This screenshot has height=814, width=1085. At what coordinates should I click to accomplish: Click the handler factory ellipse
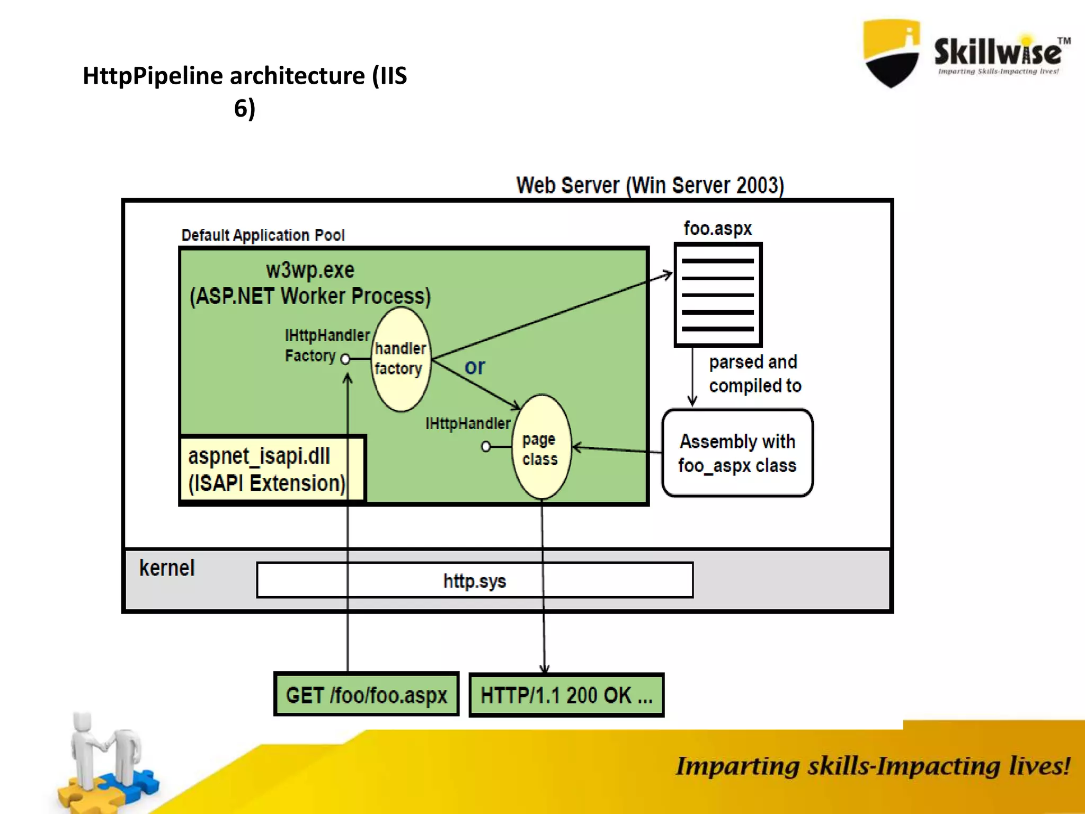click(x=401, y=359)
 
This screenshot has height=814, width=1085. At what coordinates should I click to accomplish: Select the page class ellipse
click(x=541, y=448)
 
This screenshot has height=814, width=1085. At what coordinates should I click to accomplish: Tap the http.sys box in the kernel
click(x=475, y=581)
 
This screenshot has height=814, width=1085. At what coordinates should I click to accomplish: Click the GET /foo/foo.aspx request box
click(x=366, y=695)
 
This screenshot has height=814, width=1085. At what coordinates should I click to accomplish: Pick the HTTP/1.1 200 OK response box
click(x=566, y=695)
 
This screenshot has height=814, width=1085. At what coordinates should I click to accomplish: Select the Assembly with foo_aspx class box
click(x=737, y=453)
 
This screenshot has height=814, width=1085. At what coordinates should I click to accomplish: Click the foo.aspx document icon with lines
click(x=718, y=295)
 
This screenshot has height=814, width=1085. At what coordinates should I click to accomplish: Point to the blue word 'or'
click(x=475, y=367)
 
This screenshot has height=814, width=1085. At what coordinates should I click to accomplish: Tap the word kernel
click(x=167, y=568)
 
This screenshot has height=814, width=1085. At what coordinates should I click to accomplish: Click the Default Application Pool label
click(x=263, y=235)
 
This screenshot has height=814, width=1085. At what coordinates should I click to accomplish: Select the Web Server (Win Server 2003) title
click(x=650, y=185)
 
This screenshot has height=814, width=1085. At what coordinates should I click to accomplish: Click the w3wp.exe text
click(x=310, y=270)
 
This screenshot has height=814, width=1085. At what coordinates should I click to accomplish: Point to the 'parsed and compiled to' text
click(x=754, y=374)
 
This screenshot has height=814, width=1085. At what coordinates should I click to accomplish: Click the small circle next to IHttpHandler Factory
click(x=345, y=359)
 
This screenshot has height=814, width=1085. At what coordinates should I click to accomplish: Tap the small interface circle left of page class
click(x=486, y=447)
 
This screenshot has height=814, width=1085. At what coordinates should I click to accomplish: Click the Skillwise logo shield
click(x=891, y=53)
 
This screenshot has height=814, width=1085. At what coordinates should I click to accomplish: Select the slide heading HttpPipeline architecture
click(x=245, y=91)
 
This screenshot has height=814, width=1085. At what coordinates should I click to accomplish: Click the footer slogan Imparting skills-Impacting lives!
click(x=872, y=766)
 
